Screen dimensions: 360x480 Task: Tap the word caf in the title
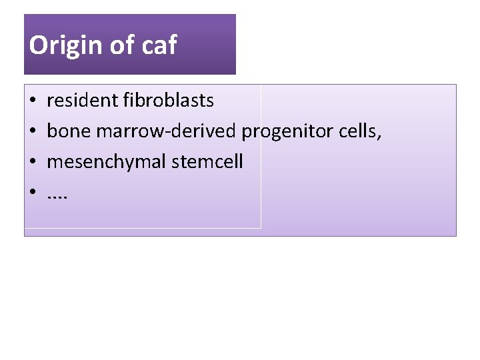pyautogui.click(x=159, y=45)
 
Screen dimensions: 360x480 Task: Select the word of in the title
pyautogui.click(x=121, y=45)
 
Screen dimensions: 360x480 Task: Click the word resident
pyautogui.click(x=83, y=101)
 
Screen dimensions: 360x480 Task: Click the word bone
pyautogui.click(x=69, y=131)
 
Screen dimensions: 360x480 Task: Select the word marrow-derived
pyautogui.click(x=166, y=131)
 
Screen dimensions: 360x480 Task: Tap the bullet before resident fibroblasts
pyautogui.click(x=32, y=101)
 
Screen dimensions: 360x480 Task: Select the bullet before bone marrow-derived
pyautogui.click(x=32, y=132)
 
